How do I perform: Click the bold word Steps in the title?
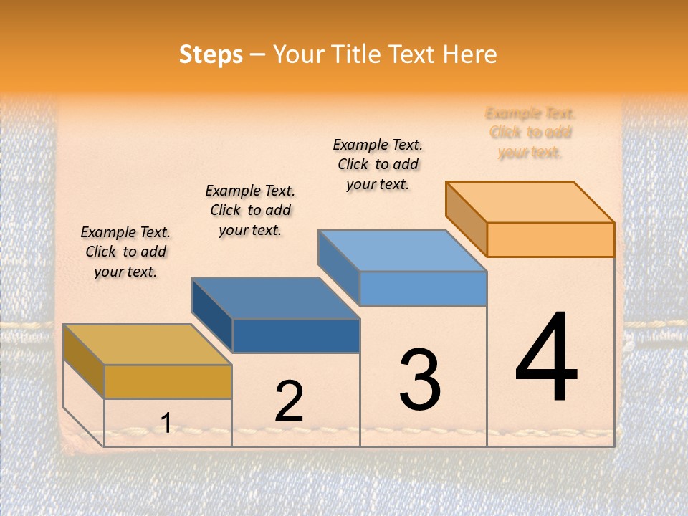click(211, 54)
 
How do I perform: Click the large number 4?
click(546, 358)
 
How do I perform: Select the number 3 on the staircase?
click(420, 379)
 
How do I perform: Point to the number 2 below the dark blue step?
click(290, 401)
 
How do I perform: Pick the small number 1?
click(166, 423)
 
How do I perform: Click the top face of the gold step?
click(148, 345)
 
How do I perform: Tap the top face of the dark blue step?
click(275, 298)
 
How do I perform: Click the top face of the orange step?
click(530, 202)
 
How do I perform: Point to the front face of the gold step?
click(168, 381)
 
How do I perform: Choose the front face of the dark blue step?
click(296, 335)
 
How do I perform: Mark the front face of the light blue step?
click(423, 288)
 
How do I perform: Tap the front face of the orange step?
click(550, 239)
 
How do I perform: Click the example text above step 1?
click(125, 252)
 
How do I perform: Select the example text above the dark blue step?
click(250, 210)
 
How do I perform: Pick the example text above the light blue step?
click(378, 164)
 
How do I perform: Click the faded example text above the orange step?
click(530, 133)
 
